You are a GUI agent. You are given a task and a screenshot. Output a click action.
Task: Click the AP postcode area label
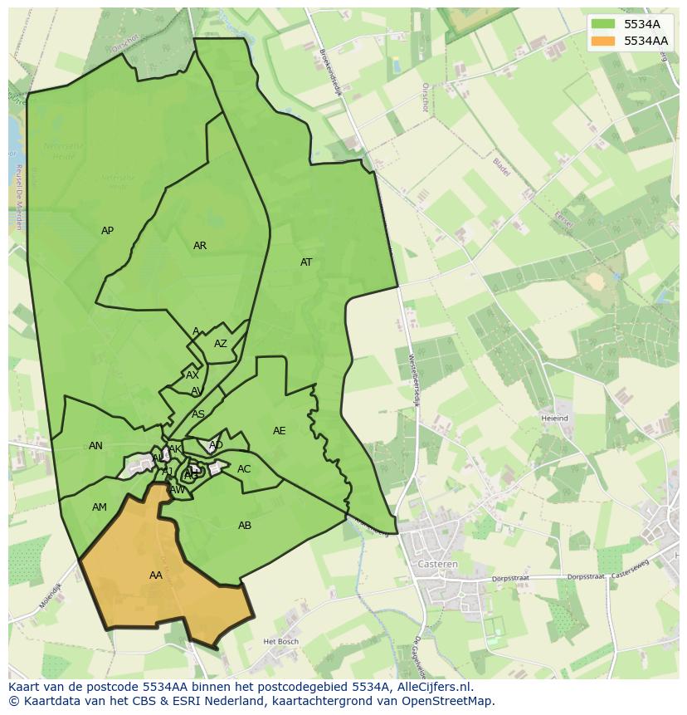(x=107, y=231)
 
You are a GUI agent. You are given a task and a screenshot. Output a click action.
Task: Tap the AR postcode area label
(x=200, y=246)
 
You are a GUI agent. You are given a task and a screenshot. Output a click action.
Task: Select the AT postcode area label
(x=306, y=262)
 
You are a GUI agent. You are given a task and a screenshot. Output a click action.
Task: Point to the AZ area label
(x=221, y=344)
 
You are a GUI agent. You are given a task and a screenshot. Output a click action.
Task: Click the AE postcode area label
(x=280, y=431)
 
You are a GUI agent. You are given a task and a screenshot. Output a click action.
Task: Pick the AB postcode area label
(x=245, y=526)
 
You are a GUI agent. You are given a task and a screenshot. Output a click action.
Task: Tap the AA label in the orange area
(x=156, y=575)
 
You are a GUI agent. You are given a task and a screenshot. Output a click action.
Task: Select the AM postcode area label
(x=100, y=507)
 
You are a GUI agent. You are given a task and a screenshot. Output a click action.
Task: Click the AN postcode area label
(x=96, y=446)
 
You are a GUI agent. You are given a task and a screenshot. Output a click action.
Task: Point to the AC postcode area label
(x=244, y=469)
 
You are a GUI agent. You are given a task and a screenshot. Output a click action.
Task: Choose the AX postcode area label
(x=192, y=375)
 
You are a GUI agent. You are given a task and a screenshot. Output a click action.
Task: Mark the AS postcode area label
(x=198, y=414)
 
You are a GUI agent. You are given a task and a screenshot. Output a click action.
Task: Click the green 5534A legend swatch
(x=604, y=24)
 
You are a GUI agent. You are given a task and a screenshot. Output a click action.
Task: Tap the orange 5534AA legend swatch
(x=604, y=41)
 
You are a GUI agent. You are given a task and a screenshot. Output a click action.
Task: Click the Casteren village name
(x=439, y=564)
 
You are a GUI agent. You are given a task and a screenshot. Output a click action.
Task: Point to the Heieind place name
(x=554, y=419)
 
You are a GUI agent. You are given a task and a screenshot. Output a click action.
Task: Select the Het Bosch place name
(x=280, y=642)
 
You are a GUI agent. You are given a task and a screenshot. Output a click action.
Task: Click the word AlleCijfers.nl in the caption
(x=432, y=687)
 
